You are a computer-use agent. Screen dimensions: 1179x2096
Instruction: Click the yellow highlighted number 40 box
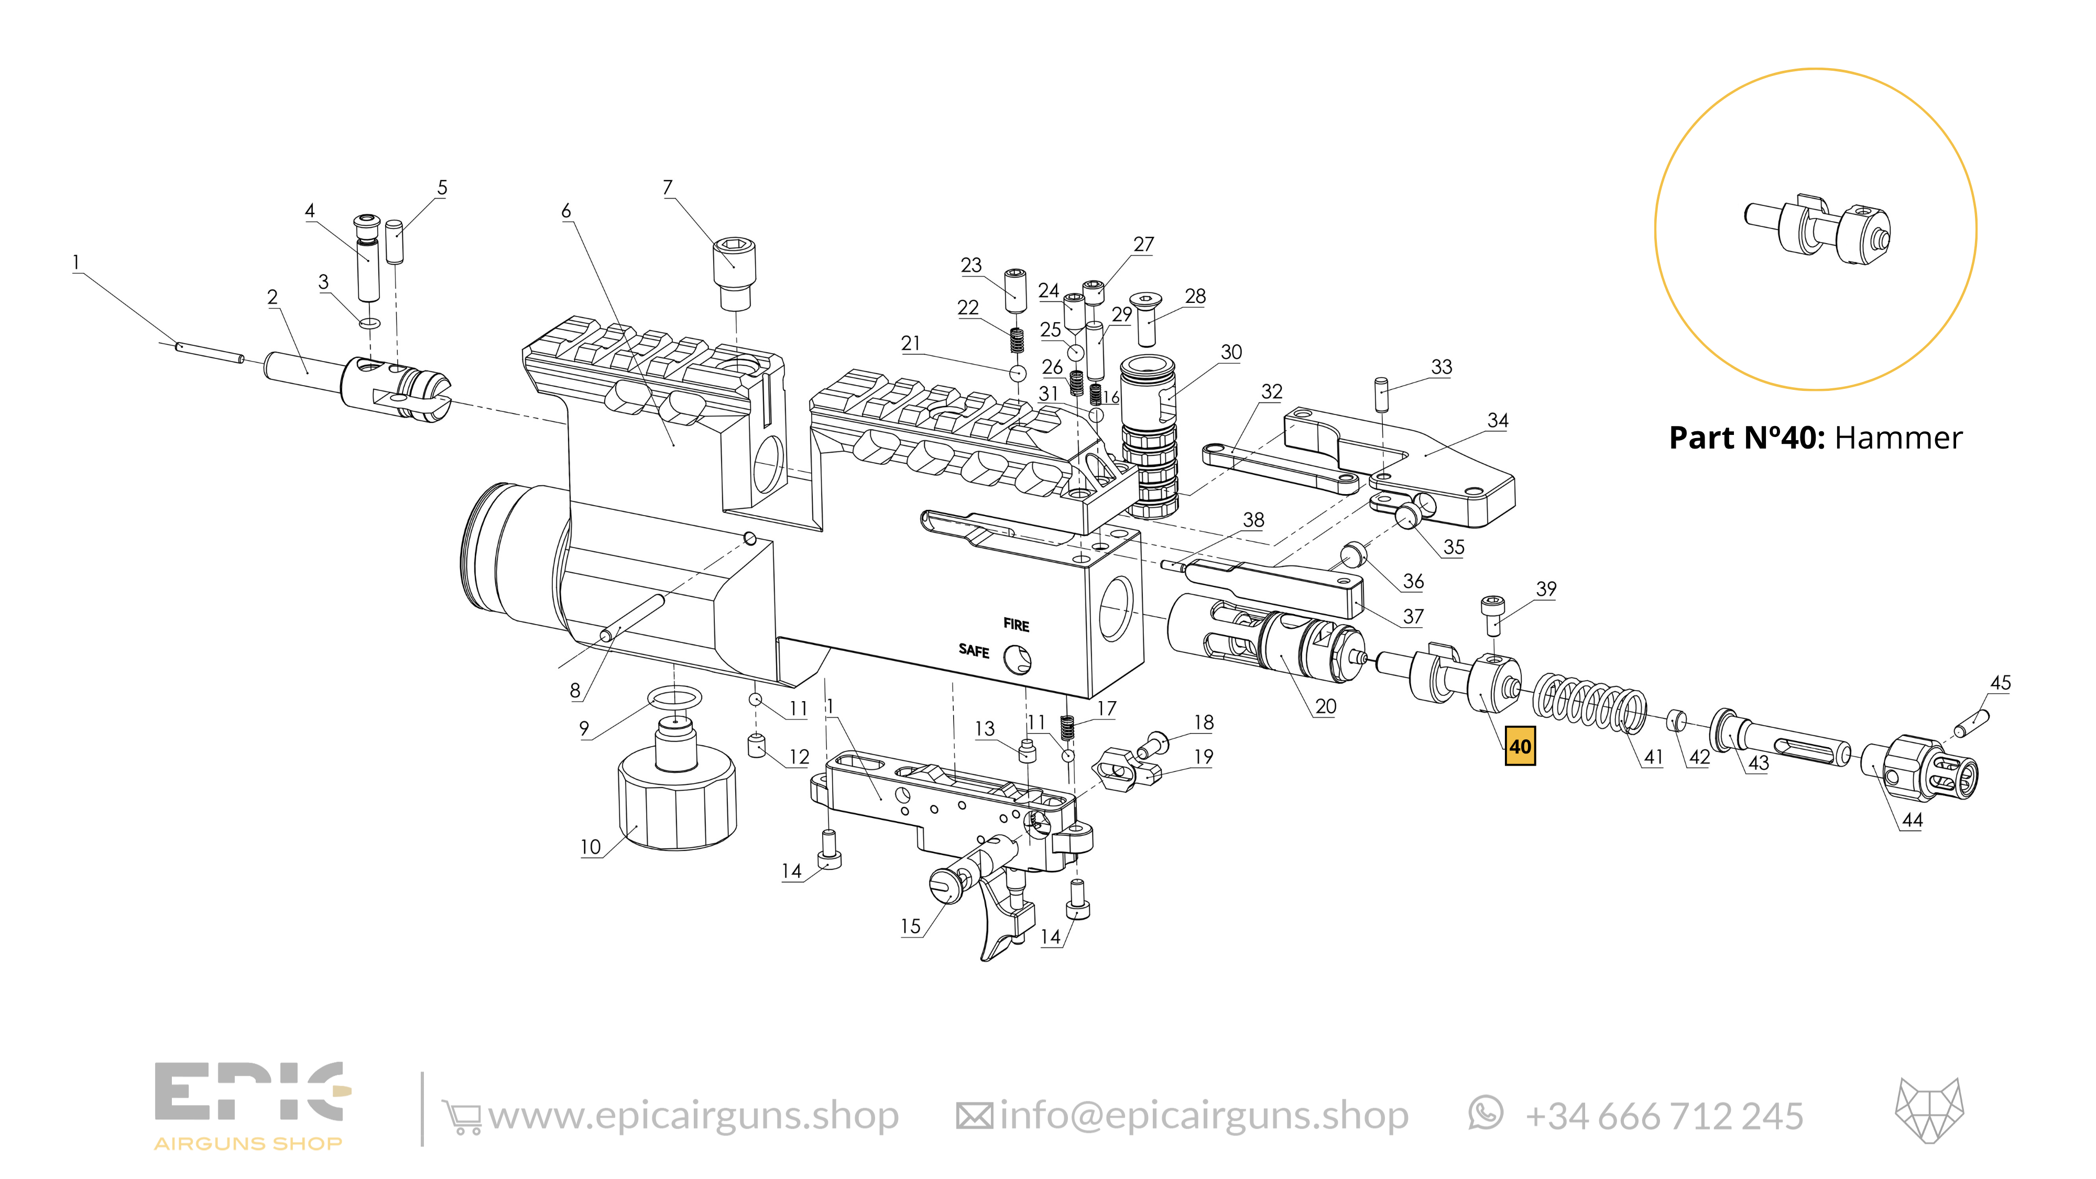point(1519,746)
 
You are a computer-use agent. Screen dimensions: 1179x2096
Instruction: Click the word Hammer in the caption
point(1898,438)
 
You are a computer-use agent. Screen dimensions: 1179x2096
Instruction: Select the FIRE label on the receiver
point(1016,625)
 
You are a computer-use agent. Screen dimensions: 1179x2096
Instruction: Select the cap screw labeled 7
point(734,272)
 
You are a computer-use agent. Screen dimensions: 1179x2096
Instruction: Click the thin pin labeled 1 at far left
point(209,352)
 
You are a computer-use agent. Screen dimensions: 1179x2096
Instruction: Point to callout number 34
point(1497,421)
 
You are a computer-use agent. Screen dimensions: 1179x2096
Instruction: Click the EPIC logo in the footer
point(250,1104)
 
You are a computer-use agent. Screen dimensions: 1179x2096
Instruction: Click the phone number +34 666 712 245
point(1663,1116)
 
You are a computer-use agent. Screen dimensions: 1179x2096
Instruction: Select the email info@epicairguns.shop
point(1204,1116)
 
